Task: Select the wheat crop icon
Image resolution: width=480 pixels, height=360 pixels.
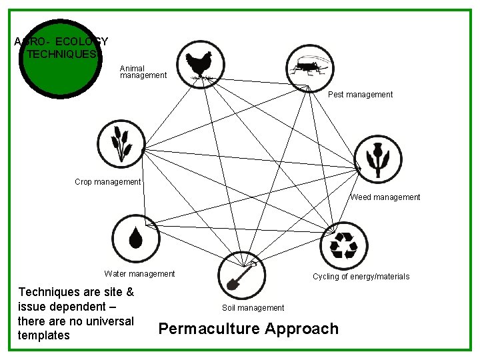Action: [120, 143]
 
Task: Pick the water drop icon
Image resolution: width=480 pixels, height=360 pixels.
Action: [135, 238]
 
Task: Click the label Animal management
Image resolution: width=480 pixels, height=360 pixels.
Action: [143, 72]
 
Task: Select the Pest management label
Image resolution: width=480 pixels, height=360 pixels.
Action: [360, 95]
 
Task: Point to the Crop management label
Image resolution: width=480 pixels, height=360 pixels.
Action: [108, 182]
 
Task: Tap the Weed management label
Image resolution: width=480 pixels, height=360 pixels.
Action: [385, 197]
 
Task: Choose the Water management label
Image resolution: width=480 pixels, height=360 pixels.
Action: [139, 274]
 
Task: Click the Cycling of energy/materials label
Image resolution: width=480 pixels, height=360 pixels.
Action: [361, 277]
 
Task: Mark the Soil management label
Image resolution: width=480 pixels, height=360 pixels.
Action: [253, 308]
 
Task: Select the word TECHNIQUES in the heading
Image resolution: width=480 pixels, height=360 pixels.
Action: [61, 55]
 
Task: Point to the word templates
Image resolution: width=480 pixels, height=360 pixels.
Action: [44, 335]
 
